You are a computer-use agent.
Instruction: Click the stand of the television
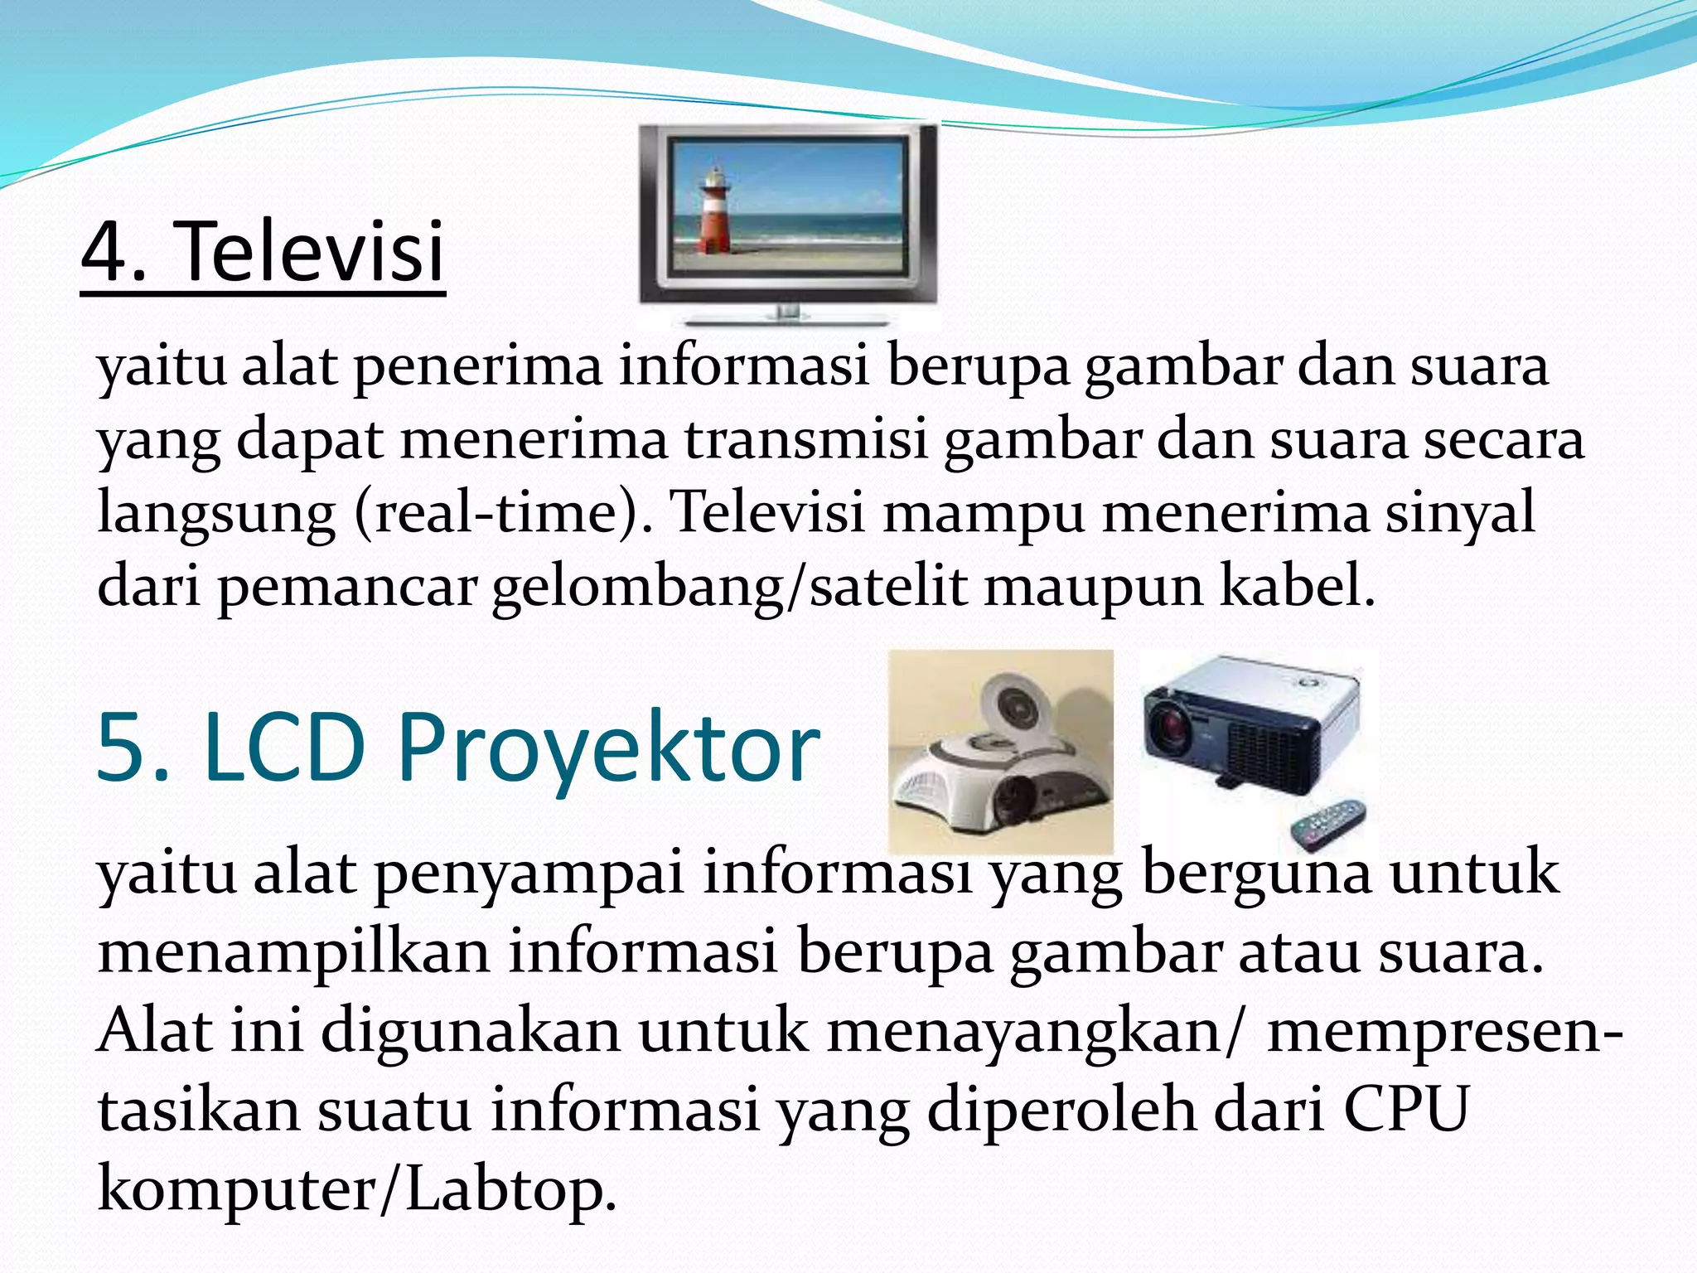pyautogui.click(x=787, y=315)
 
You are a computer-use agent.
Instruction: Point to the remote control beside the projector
pyautogui.click(x=1326, y=824)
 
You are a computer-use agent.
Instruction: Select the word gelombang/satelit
pyautogui.click(x=729, y=587)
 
